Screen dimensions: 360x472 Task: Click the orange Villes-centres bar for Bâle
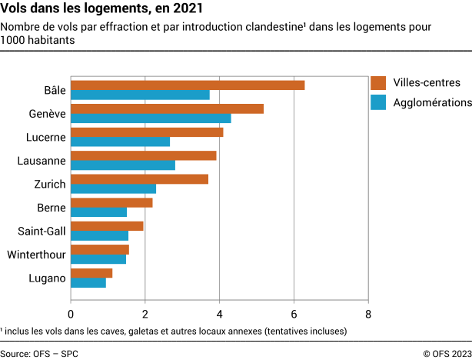(x=188, y=85)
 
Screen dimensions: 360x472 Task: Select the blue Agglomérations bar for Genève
(x=151, y=118)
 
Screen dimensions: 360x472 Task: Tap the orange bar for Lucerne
(x=147, y=132)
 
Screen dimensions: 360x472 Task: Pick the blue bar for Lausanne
(x=123, y=165)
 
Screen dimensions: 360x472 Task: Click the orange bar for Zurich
(x=139, y=179)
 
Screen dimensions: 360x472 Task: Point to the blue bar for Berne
(x=98, y=212)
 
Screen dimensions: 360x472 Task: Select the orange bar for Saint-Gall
(x=107, y=226)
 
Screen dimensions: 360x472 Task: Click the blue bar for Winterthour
(x=98, y=259)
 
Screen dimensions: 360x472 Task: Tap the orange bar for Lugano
(x=91, y=273)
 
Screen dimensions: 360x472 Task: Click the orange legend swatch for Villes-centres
(x=377, y=83)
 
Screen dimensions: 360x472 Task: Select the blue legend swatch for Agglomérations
(x=377, y=102)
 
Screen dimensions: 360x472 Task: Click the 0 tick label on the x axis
(x=71, y=314)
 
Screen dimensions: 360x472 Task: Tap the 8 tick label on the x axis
(x=368, y=314)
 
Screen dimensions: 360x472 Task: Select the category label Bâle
(x=55, y=90)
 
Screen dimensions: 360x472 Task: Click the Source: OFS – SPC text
(x=39, y=353)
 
